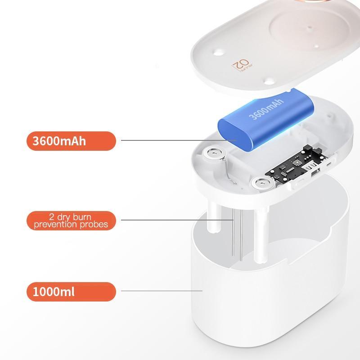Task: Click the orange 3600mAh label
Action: [71, 141]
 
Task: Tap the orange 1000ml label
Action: [71, 292]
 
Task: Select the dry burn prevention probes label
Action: [71, 220]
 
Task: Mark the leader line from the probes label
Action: [175, 220]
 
